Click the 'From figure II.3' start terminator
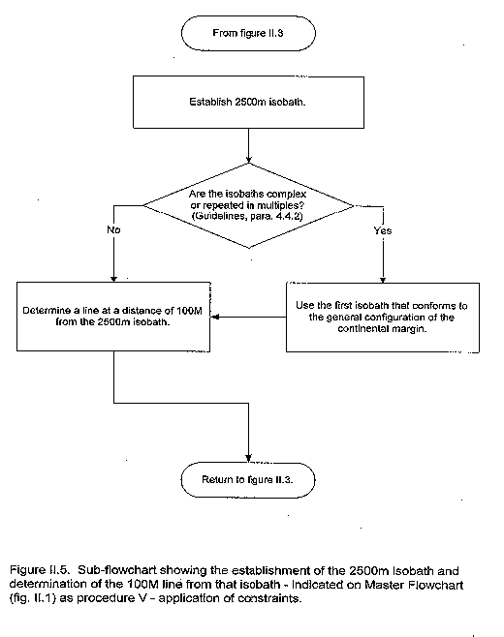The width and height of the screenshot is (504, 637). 248,33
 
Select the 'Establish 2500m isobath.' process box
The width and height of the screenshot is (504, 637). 248,102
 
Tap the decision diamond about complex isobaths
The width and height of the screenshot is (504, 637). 248,205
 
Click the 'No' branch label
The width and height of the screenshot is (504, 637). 113,230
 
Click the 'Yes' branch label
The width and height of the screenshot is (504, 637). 383,230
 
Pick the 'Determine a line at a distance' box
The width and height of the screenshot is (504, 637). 113,317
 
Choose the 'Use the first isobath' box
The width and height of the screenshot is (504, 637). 383,318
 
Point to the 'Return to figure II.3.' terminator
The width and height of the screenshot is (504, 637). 248,480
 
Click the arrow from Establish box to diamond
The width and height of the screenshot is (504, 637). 248,146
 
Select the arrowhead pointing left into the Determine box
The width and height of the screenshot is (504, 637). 215,317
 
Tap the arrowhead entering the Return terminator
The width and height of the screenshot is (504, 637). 248,458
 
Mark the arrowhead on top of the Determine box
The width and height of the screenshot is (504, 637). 113,279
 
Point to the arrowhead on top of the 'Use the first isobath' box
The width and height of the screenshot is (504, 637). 383,280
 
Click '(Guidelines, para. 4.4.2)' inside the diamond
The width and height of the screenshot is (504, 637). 247,216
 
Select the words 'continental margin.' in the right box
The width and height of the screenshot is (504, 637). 382,328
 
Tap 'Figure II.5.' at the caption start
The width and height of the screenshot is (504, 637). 38,570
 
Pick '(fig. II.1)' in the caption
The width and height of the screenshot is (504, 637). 33,598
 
